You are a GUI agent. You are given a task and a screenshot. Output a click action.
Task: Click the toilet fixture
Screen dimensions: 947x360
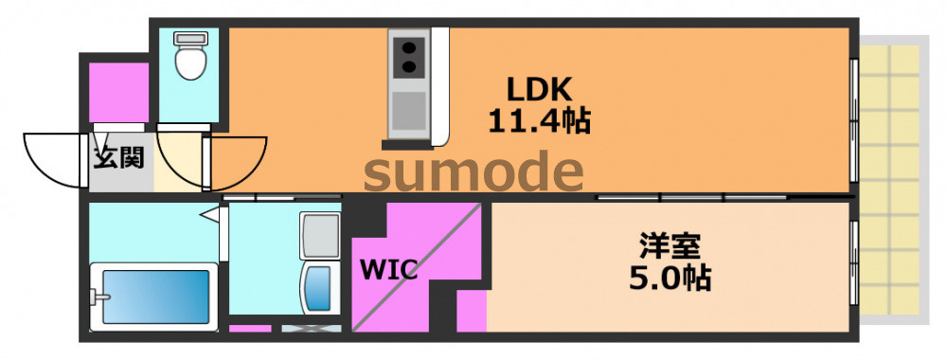pyautogui.click(x=190, y=56)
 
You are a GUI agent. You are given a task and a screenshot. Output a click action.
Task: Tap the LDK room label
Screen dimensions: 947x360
pyautogui.click(x=539, y=90)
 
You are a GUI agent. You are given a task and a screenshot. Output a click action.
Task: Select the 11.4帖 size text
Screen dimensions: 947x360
pyautogui.click(x=539, y=121)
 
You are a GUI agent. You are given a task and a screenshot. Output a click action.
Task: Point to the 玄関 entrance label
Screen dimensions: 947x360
pyautogui.click(x=118, y=157)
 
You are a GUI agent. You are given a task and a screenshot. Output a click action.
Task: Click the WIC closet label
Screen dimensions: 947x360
pyautogui.click(x=389, y=269)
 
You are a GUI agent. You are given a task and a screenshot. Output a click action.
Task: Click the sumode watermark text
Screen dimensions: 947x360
pyautogui.click(x=473, y=172)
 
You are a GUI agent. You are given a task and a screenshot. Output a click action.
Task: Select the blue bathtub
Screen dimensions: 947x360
pyautogui.click(x=155, y=297)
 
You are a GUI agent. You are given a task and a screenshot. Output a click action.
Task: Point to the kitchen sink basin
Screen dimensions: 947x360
pyautogui.click(x=409, y=111)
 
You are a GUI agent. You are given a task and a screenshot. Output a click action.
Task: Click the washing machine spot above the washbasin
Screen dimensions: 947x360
pyautogui.click(x=319, y=236)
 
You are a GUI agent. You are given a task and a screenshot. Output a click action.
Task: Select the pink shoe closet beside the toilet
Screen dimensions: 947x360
pyautogui.click(x=119, y=92)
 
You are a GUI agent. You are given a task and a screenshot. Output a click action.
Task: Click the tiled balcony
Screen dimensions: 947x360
pyautogui.click(x=892, y=179)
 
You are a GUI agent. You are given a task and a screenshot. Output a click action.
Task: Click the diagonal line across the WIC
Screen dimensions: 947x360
pyautogui.click(x=417, y=267)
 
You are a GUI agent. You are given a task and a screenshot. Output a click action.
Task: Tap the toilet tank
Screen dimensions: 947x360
pyautogui.click(x=191, y=38)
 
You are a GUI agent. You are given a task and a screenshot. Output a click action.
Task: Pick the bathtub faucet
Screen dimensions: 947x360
pyautogui.click(x=99, y=297)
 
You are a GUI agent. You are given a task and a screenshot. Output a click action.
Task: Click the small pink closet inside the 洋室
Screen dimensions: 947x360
pyautogui.click(x=472, y=310)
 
